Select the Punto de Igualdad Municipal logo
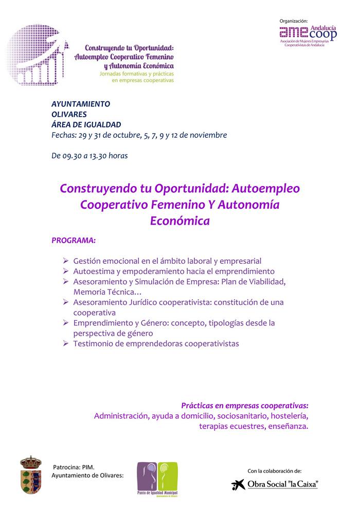click(157, 479)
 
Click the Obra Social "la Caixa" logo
click(275, 484)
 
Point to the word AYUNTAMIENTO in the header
click(81, 103)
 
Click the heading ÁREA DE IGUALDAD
click(86, 124)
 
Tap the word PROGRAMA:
click(74, 240)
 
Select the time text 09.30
click(72, 155)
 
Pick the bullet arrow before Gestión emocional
click(65, 261)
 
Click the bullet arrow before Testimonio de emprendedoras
click(65, 343)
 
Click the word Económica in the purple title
click(179, 221)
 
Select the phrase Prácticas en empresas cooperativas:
click(245, 405)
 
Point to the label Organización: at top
click(294, 21)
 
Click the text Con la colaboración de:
click(275, 470)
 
